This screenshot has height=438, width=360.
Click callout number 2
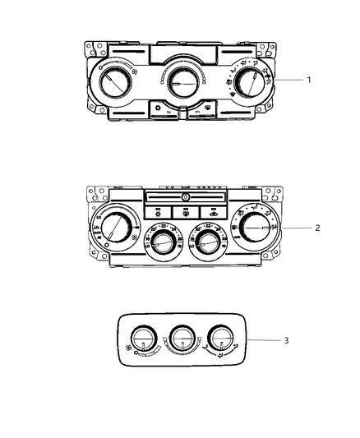click(x=318, y=228)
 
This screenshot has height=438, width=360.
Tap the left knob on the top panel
click(x=114, y=82)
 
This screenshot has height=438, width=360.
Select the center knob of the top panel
click(x=181, y=81)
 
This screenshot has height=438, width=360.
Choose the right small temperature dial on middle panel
click(x=205, y=241)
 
